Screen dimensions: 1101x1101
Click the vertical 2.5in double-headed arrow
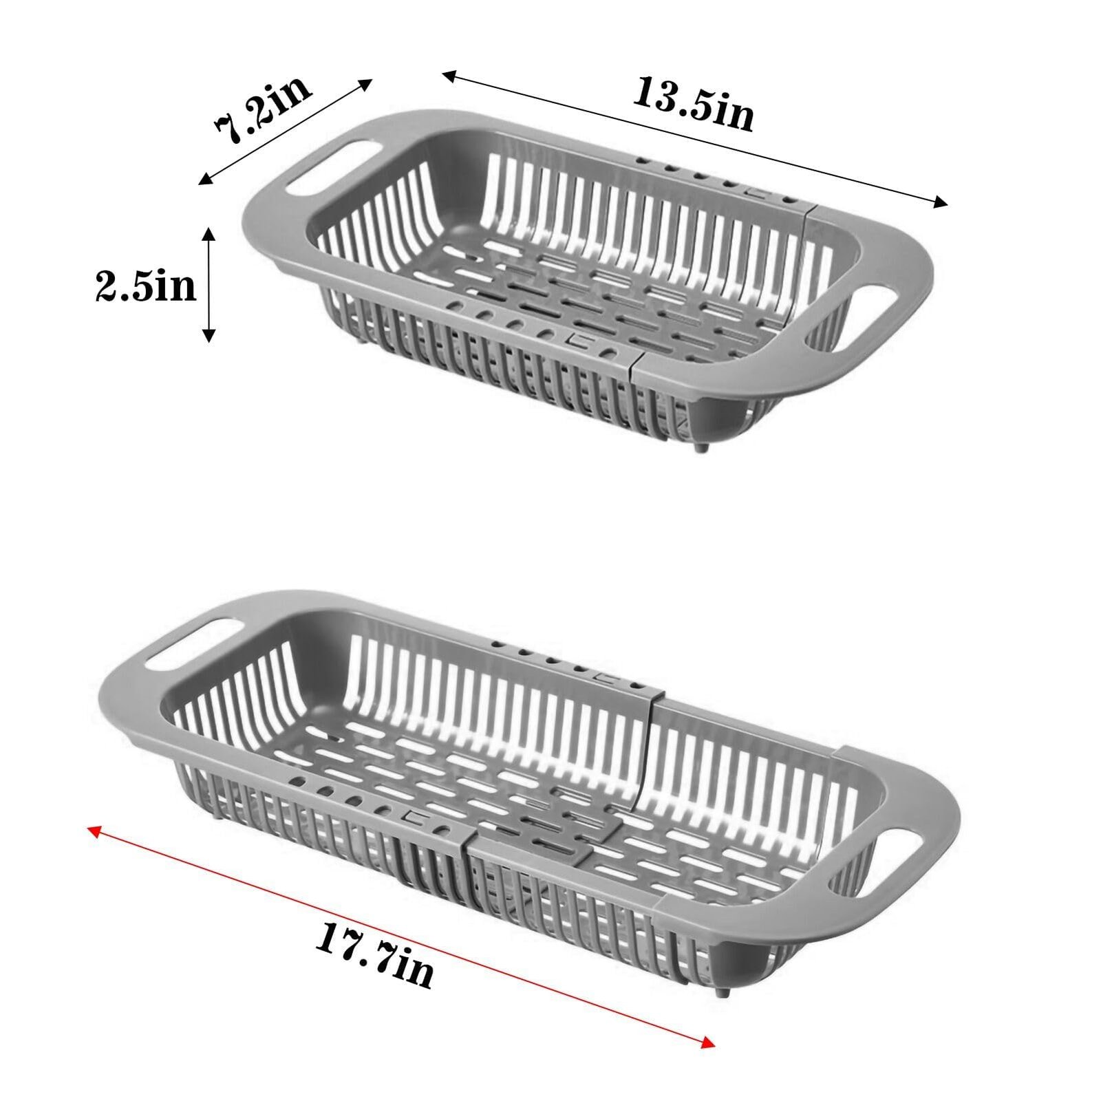(209, 285)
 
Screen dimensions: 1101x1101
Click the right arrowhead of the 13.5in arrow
(940, 202)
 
